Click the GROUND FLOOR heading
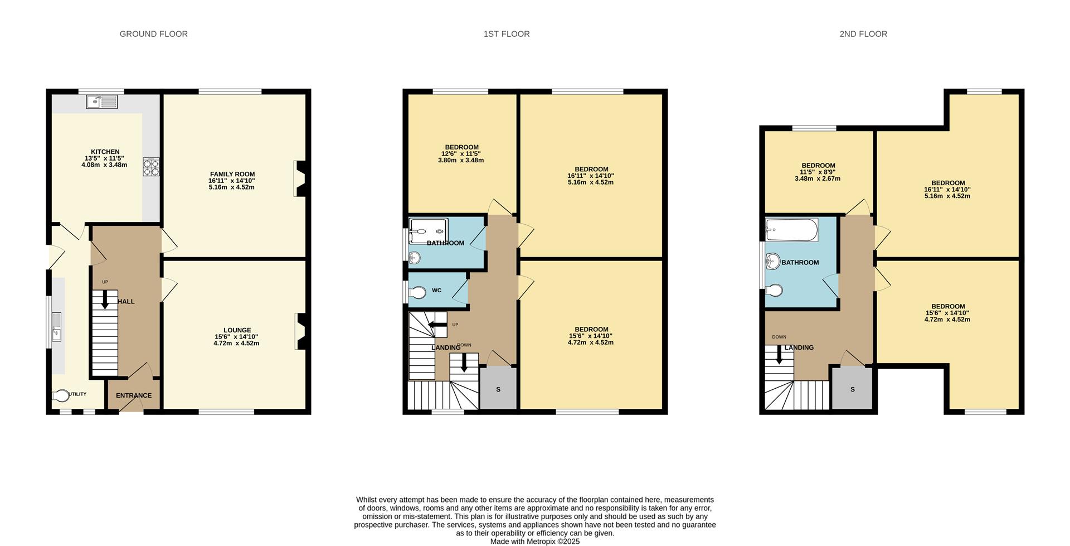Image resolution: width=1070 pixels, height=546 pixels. point(153,34)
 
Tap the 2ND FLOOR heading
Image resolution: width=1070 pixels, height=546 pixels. point(863,34)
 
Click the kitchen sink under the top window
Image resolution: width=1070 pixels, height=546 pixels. point(101,102)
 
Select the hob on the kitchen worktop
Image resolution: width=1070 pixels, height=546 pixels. point(151,167)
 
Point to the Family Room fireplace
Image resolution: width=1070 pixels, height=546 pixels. point(300,178)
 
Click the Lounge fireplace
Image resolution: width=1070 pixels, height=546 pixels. point(300,331)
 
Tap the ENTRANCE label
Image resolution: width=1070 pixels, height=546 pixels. point(134,395)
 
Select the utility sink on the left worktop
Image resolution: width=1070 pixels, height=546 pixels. point(57,326)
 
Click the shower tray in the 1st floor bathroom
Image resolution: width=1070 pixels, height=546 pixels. point(428,231)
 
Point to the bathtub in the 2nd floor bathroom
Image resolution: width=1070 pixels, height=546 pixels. point(791,230)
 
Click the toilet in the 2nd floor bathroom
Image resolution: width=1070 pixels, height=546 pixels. point(774,290)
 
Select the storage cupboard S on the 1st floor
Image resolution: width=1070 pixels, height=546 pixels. point(498,389)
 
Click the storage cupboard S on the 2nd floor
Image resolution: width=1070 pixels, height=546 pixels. point(852,389)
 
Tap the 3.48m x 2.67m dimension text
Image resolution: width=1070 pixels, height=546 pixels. point(817,179)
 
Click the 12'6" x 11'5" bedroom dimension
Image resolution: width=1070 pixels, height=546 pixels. point(461,154)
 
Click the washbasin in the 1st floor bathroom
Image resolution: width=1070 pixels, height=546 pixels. point(415,257)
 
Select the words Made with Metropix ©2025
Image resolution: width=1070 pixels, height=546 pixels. point(535,541)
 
